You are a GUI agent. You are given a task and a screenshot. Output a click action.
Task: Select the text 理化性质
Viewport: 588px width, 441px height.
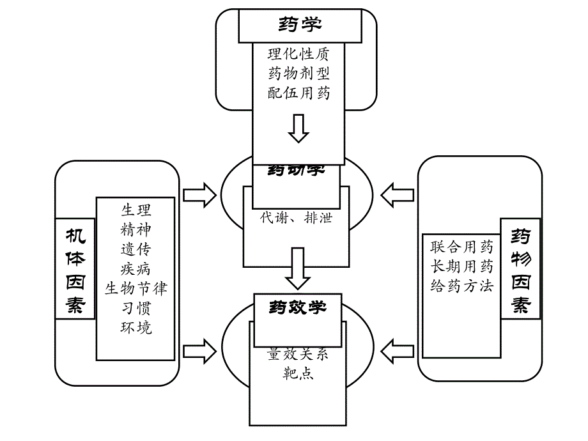298,54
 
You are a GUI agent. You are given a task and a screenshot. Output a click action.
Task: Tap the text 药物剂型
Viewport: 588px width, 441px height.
298,73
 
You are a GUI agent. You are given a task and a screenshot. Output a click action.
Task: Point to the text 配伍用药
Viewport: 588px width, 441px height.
298,93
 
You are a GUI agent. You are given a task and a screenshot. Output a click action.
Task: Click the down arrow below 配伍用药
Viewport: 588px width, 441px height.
298,128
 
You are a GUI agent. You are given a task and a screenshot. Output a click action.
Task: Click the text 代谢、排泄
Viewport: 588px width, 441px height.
296,217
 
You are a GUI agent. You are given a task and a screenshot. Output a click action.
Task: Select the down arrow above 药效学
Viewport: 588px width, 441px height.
297,268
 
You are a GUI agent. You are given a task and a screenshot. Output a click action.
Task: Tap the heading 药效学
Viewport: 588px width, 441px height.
297,307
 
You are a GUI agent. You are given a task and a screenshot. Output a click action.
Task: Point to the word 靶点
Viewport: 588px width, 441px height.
298,374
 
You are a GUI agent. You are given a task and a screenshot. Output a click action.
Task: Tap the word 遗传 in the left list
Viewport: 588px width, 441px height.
136,249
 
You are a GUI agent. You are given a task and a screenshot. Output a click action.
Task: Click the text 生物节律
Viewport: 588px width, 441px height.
136,288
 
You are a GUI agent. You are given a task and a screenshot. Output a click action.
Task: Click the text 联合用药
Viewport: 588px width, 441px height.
461,247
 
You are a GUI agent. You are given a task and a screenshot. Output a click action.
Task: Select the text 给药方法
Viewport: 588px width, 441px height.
461,286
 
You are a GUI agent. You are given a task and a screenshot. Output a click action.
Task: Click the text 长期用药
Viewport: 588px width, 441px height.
461,267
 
